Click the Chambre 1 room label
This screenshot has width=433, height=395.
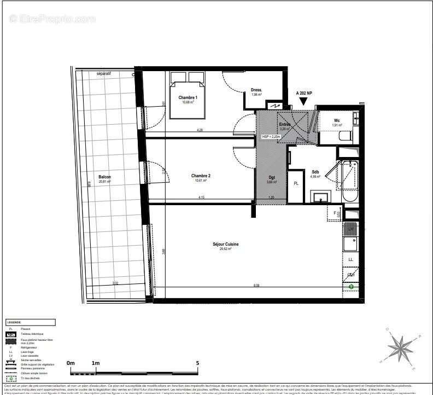point(187,98)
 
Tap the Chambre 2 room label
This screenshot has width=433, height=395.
point(201,176)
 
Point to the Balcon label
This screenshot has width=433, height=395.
point(104,177)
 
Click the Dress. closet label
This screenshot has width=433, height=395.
point(256,90)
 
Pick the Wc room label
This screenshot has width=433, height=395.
point(337,120)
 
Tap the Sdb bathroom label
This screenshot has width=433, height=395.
point(315,172)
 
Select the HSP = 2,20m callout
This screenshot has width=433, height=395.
point(271,136)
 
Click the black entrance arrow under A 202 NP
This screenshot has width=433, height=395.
point(303,102)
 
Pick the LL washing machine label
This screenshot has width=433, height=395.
point(350,259)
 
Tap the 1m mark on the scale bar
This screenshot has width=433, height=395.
point(96,363)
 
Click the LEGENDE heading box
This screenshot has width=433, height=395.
point(30,322)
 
